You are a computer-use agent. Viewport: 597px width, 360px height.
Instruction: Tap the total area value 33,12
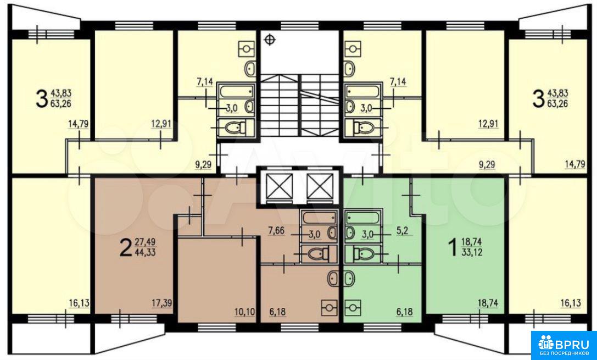[472, 252]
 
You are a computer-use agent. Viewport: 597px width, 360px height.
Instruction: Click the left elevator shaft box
[280, 187]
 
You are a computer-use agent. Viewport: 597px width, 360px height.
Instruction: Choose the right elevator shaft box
[317, 187]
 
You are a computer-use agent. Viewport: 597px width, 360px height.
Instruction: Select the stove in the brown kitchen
[329, 306]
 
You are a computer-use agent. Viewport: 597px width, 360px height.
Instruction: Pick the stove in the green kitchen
[353, 306]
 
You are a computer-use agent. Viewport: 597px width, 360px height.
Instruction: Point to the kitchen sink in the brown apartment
[332, 280]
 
